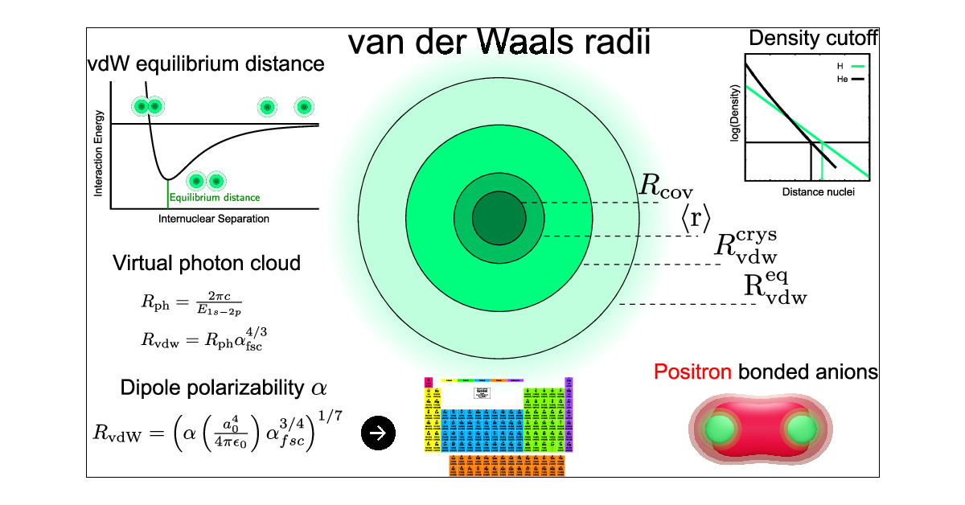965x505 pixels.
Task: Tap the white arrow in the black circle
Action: click(379, 433)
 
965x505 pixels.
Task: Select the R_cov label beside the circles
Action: click(665, 186)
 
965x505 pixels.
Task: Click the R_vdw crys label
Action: click(746, 247)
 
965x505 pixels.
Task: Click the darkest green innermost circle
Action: click(498, 218)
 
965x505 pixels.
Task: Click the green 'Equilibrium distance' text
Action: click(215, 196)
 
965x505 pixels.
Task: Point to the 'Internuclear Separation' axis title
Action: click(214, 219)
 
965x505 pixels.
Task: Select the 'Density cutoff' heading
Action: click(813, 38)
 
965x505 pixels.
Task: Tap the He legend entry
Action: click(841, 80)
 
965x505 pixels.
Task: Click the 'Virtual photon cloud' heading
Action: click(207, 263)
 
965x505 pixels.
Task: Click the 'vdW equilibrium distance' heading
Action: click(206, 64)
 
